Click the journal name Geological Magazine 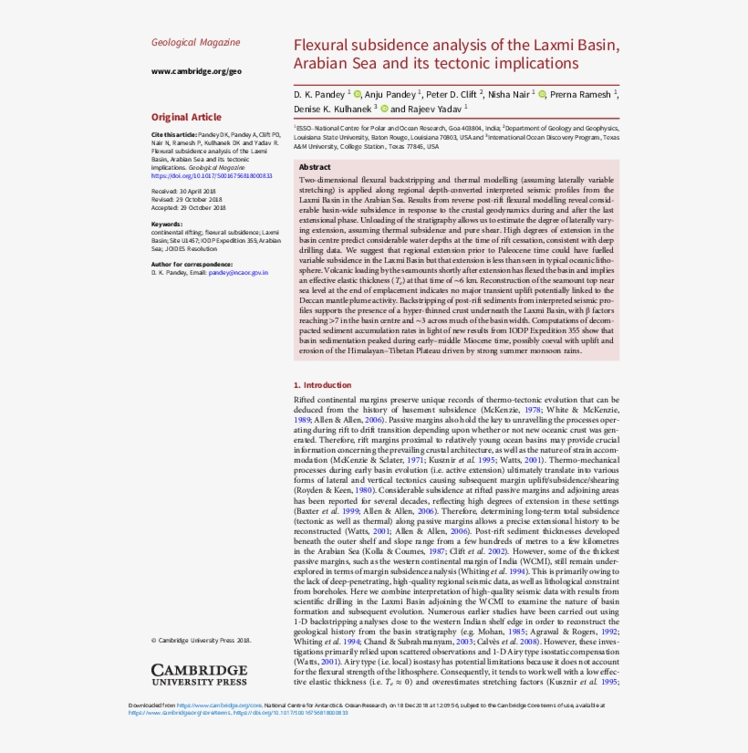tap(195, 42)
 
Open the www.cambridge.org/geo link tap(195, 71)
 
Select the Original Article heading tap(186, 117)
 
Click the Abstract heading tap(315, 167)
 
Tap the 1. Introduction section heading tap(322, 385)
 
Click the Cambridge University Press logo tap(199, 675)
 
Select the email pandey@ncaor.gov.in tap(238, 272)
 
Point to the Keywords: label tap(166, 224)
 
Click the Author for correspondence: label tap(191, 264)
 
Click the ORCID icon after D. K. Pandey tap(358, 94)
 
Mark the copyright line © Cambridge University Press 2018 tap(201, 640)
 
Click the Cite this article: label tap(173, 135)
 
